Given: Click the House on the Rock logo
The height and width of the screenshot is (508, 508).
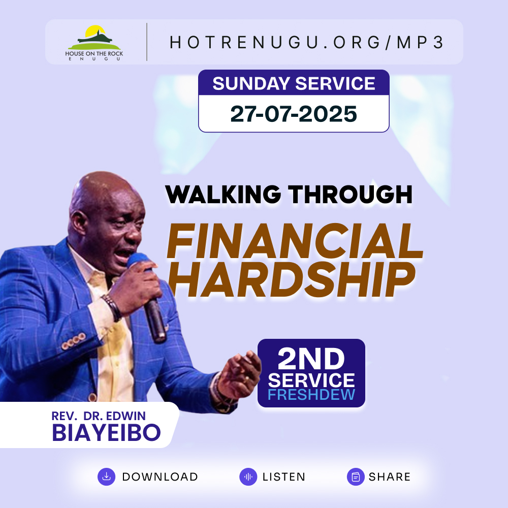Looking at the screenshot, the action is pyautogui.click(x=94, y=43).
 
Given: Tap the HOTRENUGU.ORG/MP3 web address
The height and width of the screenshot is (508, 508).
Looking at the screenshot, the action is pyautogui.click(x=306, y=43).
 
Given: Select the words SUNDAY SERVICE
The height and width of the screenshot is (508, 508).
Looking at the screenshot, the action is pyautogui.click(x=294, y=83).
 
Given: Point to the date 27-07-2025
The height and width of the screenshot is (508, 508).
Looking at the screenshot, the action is pyautogui.click(x=294, y=114).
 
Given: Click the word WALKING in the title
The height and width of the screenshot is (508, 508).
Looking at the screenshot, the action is pyautogui.click(x=223, y=195).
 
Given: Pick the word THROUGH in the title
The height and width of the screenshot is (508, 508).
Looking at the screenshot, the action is pyautogui.click(x=350, y=195).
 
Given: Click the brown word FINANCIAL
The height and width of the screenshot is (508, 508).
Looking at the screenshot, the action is pyautogui.click(x=295, y=241).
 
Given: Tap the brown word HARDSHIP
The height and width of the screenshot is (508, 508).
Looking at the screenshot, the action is pyautogui.click(x=292, y=279).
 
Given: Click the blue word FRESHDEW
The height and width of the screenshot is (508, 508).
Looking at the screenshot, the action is pyautogui.click(x=311, y=395).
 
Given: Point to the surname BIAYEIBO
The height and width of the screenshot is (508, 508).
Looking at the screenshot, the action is pyautogui.click(x=106, y=432).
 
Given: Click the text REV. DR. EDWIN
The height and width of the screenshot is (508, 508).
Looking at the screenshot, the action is pyautogui.click(x=99, y=416).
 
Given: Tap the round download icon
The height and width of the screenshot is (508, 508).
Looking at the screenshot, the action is pyautogui.click(x=106, y=477).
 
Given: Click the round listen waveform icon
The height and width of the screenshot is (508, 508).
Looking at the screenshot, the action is pyautogui.click(x=248, y=477).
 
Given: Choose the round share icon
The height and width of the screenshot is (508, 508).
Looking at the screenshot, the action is pyautogui.click(x=356, y=477).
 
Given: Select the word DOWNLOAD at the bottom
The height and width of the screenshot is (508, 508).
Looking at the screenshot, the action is pyautogui.click(x=160, y=477).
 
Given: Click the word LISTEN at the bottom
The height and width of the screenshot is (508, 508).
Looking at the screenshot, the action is pyautogui.click(x=284, y=477).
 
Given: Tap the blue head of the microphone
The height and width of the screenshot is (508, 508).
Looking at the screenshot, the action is pyautogui.click(x=138, y=261).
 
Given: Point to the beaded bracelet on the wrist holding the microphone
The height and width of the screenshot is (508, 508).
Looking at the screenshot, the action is pyautogui.click(x=112, y=307).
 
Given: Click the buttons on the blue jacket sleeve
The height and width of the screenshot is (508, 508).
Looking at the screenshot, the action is pyautogui.click(x=74, y=341).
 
